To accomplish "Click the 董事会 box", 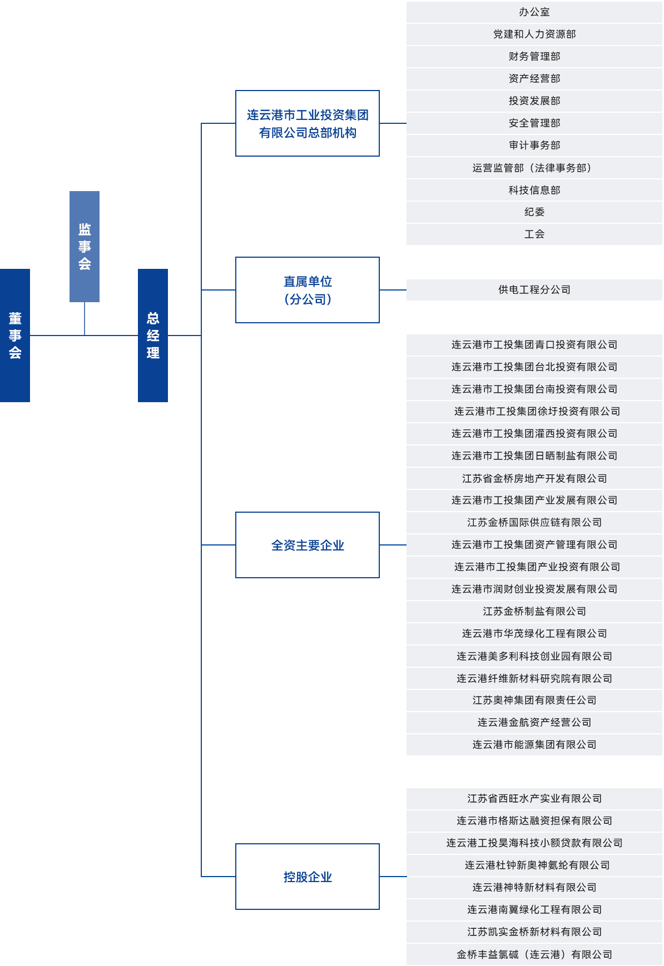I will pos(15,335).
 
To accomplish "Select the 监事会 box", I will pos(84,246).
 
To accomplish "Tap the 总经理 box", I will pos(152,335).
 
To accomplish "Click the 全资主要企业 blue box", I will pos(307,544).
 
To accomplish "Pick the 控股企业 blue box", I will pos(307,876).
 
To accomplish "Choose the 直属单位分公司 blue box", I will pos(307,290).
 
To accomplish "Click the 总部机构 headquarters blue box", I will pos(307,123).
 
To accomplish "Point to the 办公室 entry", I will pos(534,12).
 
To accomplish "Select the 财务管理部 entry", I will pos(534,56).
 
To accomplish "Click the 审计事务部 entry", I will pos(534,145).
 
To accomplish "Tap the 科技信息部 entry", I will pos(534,190).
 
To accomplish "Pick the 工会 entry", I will pos(534,234).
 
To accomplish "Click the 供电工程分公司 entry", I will pos(534,289).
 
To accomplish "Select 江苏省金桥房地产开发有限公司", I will pos(534,478).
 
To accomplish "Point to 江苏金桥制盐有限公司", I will pos(534,611).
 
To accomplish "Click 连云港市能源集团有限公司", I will pos(534,744).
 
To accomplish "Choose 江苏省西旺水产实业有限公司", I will pos(534,798).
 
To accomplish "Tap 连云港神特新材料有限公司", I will pos(534,887).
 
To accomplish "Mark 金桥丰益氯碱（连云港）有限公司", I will pos(534,954).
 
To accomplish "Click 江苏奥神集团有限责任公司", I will pos(534,700).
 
